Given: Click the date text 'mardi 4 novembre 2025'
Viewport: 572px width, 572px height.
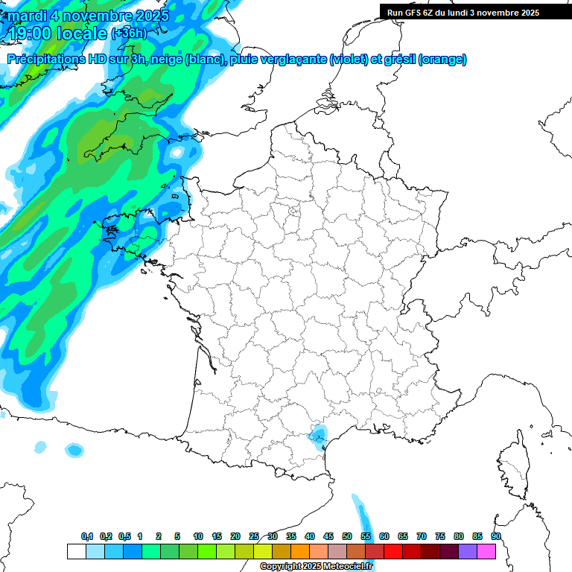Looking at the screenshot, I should click(x=89, y=15).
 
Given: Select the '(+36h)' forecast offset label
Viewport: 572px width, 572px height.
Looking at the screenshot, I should click(x=130, y=33).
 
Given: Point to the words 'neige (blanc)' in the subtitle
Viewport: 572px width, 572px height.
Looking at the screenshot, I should click(x=188, y=60).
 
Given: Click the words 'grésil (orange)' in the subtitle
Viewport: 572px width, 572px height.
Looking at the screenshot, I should click(x=424, y=60).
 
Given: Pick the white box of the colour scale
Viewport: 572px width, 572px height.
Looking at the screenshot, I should click(x=76, y=552).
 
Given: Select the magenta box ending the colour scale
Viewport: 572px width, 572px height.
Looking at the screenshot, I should click(x=486, y=552).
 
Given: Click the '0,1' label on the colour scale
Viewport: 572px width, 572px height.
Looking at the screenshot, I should click(x=87, y=537).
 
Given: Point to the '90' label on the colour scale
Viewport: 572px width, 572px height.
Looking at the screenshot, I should click(x=495, y=537).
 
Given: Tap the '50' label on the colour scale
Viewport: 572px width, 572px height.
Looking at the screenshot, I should click(x=347, y=537).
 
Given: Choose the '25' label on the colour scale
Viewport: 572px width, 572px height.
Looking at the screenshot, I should click(x=254, y=537).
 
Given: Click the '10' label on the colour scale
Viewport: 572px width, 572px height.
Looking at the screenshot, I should click(x=198, y=537).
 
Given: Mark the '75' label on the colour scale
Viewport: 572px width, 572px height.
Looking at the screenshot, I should click(x=439, y=537).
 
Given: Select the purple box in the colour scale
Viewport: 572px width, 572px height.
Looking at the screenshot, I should click(x=468, y=552).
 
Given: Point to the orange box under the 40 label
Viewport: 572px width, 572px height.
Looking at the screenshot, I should click(x=300, y=552).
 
